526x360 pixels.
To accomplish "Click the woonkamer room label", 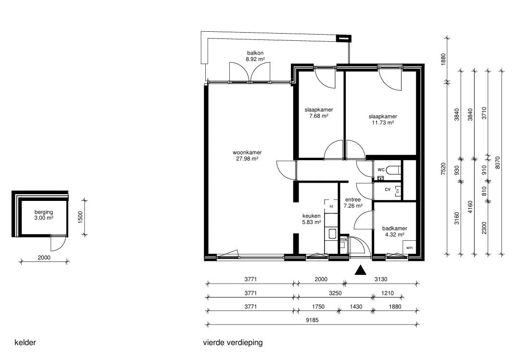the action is coord(247,156).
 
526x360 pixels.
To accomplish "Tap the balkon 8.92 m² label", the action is coord(255,56).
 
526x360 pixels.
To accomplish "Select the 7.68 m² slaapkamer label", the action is coord(319,112).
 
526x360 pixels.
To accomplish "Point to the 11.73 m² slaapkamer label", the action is coord(383,119).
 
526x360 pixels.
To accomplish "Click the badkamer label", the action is coord(395,231).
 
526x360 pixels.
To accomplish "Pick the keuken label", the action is coord(312,219).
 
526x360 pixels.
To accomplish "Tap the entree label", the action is coord(353,202).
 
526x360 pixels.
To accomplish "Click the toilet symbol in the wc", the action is coord(393,170).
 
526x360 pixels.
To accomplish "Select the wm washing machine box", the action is coord(409,248).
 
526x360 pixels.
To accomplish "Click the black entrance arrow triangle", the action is coord(361,270).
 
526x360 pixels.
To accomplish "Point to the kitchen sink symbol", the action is coord(332,233).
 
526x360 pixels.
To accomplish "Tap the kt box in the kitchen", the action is coord(331,206).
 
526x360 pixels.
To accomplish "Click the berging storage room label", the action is coord(44,215).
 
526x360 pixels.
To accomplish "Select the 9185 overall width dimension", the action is coord(313,320).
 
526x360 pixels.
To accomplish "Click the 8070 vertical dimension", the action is coord(498,162).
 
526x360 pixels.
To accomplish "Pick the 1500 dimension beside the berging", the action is coord(80,218).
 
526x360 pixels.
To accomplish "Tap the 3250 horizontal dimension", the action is coord(335,293).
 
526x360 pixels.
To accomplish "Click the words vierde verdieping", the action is coord(233,343).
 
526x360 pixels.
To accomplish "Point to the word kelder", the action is coord(25,343).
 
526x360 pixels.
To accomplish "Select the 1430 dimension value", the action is coord(356,307).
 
